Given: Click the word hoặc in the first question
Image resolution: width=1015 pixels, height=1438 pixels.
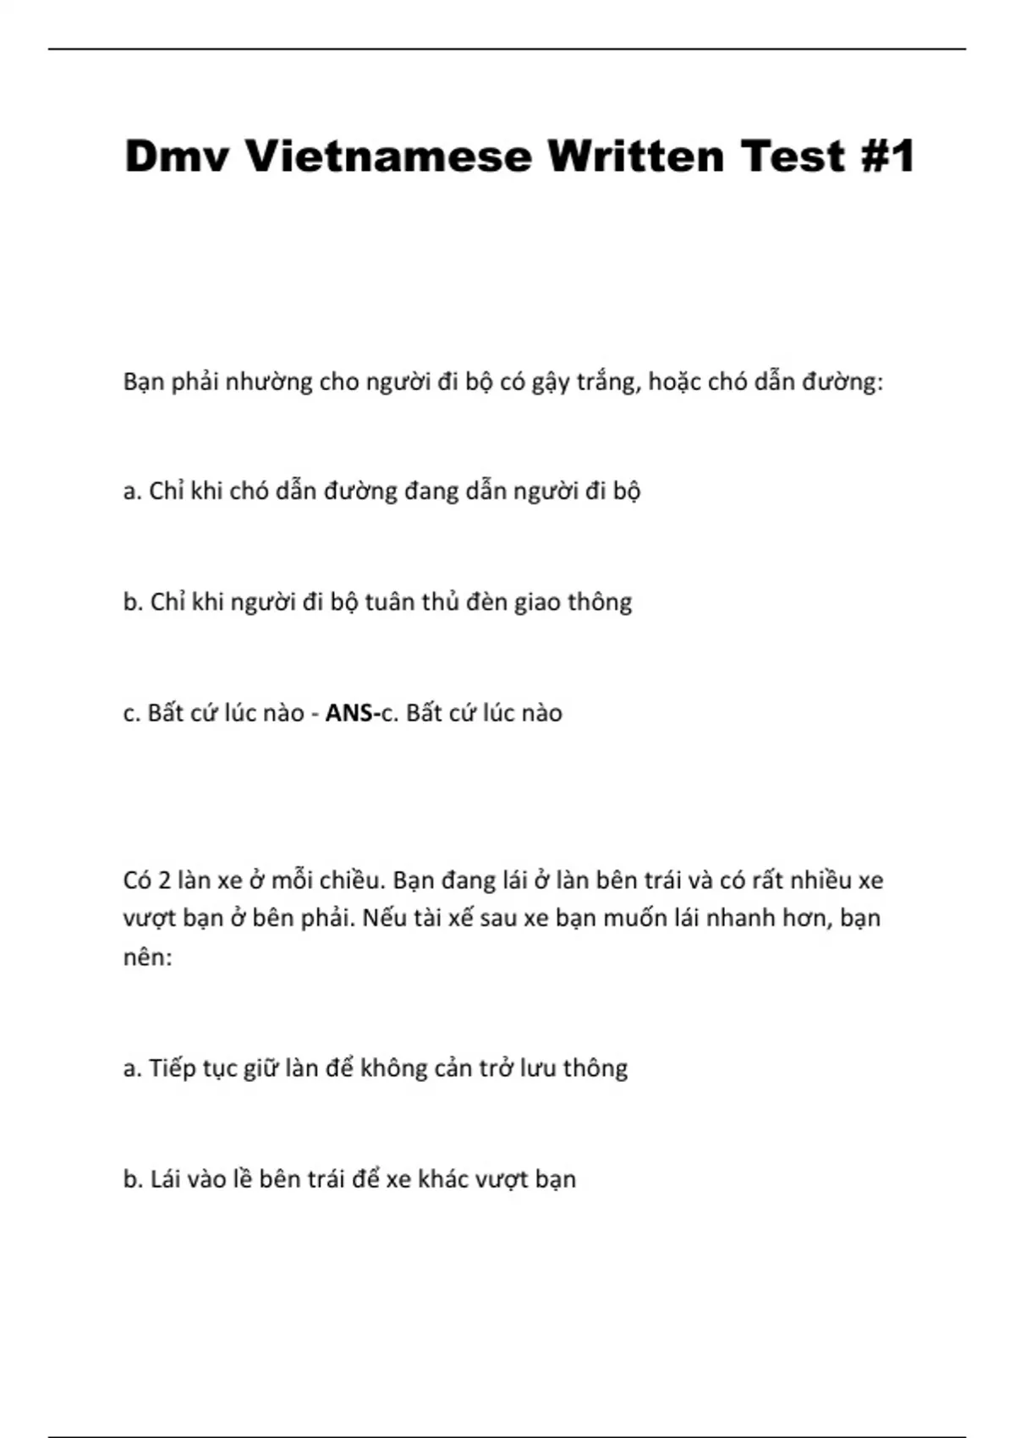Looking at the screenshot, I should coord(675,382).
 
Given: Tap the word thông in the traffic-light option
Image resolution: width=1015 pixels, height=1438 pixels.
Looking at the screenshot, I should coord(600,602).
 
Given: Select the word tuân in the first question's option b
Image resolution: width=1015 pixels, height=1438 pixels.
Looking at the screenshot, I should coord(389,602).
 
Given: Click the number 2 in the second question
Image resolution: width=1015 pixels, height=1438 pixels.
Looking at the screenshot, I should coord(165,881).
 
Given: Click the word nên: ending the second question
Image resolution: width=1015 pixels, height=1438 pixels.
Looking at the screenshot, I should coord(147,958).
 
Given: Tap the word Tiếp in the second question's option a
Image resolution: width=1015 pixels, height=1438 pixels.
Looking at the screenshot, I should coord(173,1069).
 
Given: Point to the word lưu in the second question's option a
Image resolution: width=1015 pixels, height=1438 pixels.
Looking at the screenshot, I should coord(535,1069).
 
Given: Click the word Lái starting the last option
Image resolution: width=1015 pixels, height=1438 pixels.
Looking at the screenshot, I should coord(167,1179).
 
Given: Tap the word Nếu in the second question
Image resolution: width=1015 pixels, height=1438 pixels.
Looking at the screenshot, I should coord(385,919).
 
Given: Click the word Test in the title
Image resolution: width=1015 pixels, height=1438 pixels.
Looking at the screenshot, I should coord(793,156).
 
